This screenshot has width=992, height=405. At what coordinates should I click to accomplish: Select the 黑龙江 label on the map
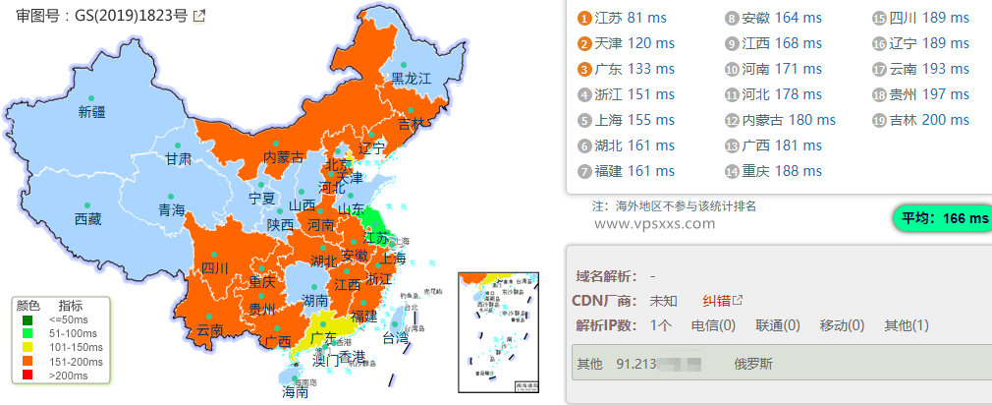412,78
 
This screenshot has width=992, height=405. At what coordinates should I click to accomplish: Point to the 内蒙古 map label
284,157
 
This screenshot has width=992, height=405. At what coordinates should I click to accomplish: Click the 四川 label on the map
214,267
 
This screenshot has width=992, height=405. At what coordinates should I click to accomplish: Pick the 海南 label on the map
296,391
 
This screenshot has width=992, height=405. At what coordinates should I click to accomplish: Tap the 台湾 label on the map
395,338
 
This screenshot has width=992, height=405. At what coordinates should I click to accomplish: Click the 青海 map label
171,209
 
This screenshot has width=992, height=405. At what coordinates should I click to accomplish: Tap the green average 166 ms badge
940,218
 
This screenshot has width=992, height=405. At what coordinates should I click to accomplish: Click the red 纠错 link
715,300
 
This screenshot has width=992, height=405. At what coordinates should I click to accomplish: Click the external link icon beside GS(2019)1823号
199,16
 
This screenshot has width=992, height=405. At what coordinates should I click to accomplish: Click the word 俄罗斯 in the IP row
753,364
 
